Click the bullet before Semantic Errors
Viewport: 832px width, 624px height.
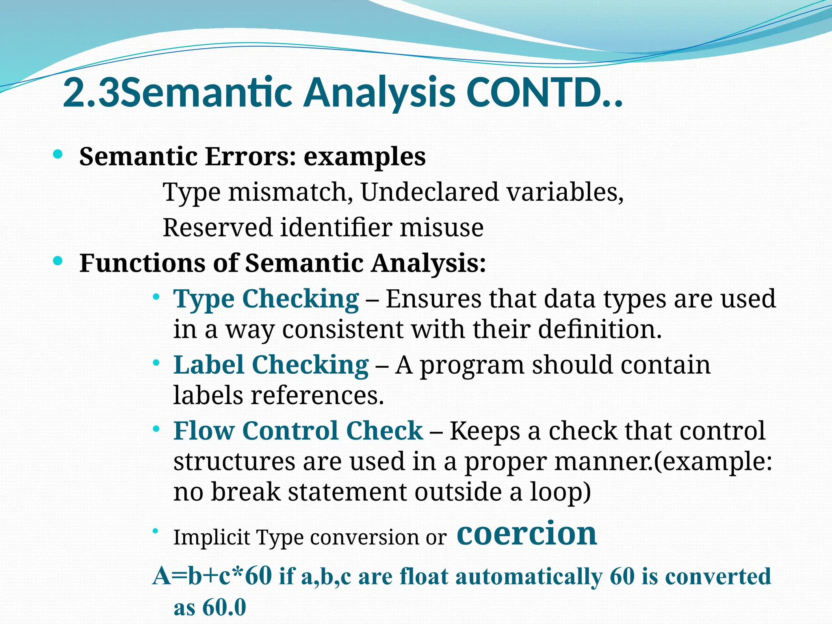point(58,154)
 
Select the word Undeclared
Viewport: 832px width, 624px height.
point(429,192)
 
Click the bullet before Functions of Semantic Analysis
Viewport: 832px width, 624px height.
point(58,261)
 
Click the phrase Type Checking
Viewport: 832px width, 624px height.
point(266,299)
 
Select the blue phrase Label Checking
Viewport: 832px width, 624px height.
point(271,365)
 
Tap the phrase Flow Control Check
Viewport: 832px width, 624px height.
point(298,431)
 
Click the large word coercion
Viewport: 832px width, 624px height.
point(526,533)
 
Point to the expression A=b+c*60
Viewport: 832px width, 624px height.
point(212,576)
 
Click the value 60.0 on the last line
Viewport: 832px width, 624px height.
point(224,608)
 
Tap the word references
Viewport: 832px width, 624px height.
point(317,395)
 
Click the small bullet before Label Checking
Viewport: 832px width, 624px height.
point(156,363)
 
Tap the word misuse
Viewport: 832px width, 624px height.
point(442,227)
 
